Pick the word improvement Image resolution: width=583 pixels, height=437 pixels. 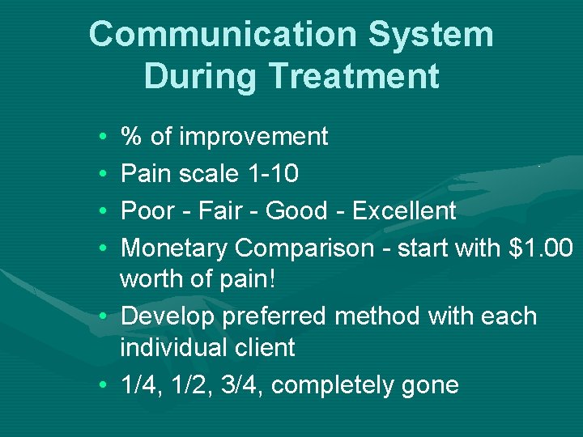point(253,137)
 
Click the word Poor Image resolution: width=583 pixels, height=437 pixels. point(147,211)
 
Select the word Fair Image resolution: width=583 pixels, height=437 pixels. point(215,211)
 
